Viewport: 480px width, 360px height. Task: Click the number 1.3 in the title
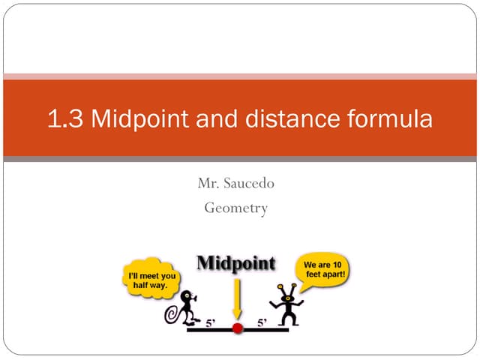(x=65, y=119)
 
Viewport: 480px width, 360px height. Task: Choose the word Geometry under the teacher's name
(x=235, y=208)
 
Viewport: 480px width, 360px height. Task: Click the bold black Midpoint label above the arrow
(x=235, y=263)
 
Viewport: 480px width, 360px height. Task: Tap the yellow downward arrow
(x=237, y=298)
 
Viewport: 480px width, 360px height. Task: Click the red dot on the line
(x=238, y=328)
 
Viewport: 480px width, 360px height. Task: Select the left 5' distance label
(x=212, y=324)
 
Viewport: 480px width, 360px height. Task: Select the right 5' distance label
(x=262, y=324)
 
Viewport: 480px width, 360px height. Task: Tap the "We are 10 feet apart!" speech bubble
(x=322, y=270)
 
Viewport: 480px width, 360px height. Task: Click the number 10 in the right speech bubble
(x=338, y=265)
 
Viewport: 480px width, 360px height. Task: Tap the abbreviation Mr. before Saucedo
(x=208, y=182)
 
